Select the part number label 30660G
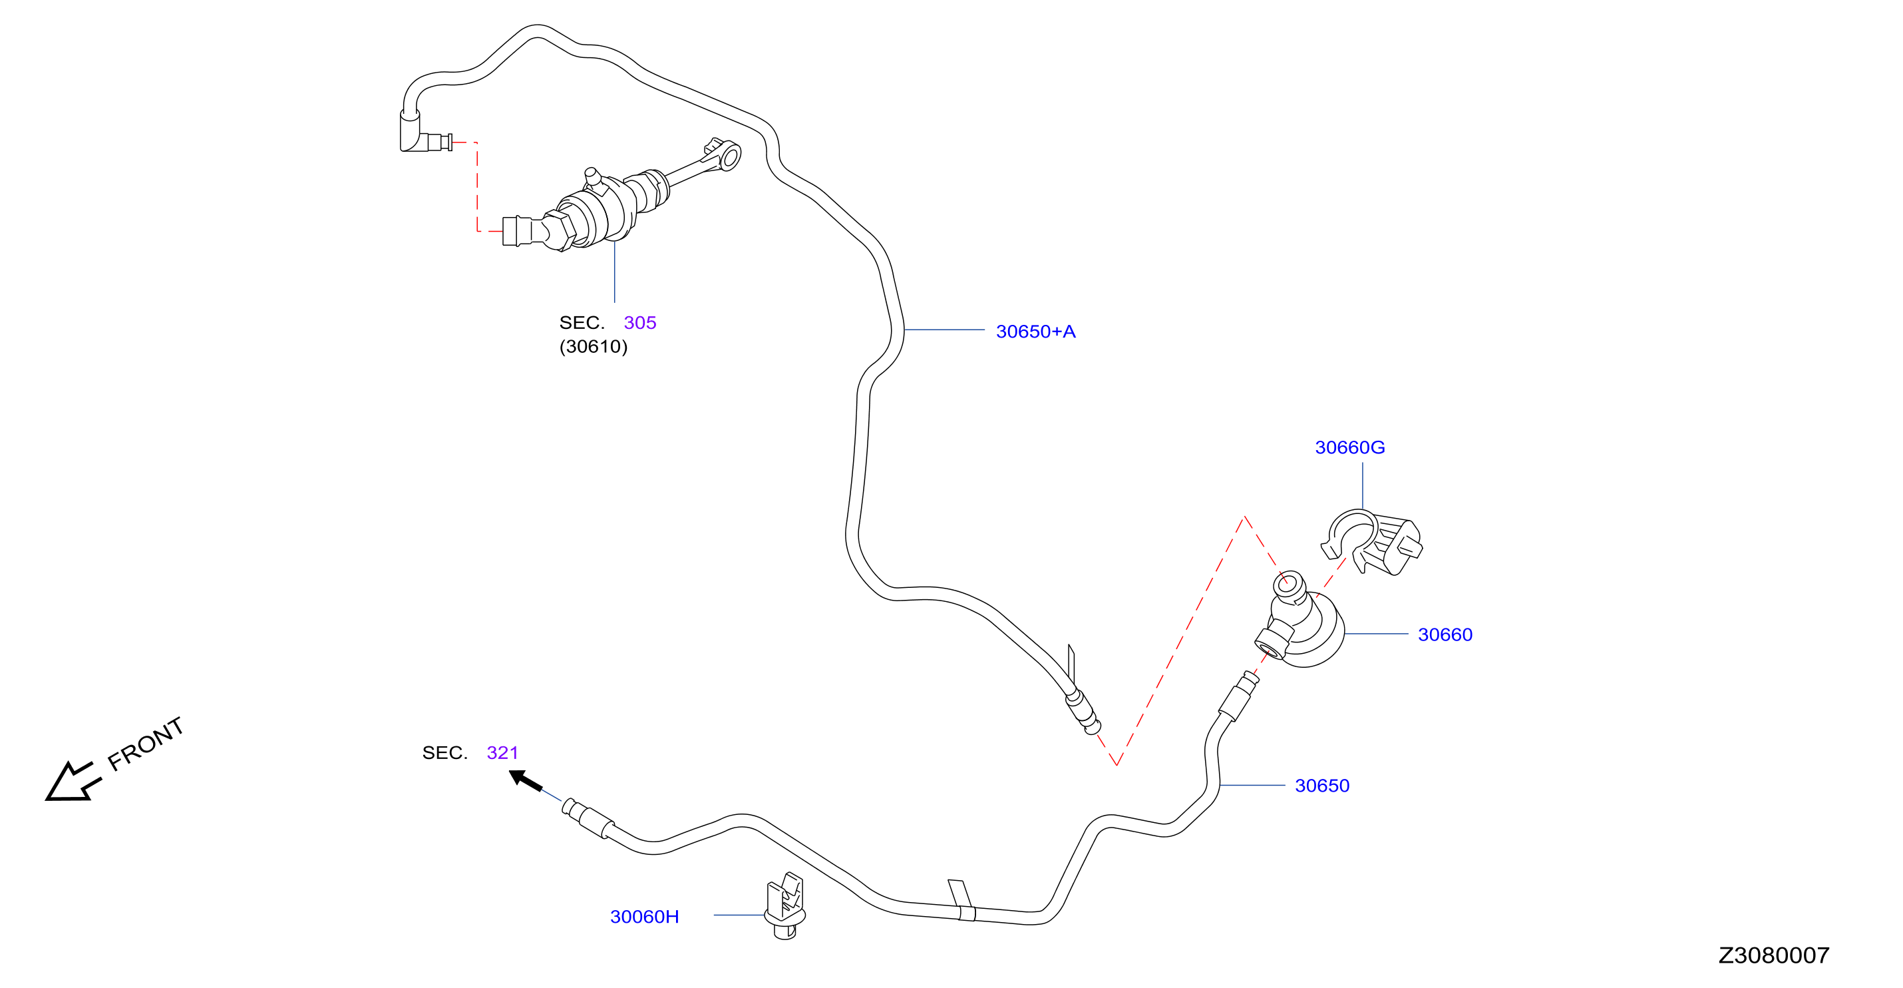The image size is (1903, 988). point(1349,447)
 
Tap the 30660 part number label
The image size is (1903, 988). point(1445,634)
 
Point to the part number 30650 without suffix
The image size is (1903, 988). point(1321,786)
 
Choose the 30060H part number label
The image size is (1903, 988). point(644,916)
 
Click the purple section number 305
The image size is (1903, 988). point(639,323)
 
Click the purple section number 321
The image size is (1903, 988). point(502,752)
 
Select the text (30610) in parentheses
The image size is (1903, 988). point(594,347)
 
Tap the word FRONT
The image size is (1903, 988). point(146,744)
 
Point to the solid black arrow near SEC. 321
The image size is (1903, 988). point(525,780)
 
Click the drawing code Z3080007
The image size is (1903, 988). point(1774,955)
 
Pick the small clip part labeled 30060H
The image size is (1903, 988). point(784,906)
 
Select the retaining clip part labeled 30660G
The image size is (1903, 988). point(1371,542)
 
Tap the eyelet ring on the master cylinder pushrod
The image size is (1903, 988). point(730,156)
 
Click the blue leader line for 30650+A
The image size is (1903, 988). point(944,330)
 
